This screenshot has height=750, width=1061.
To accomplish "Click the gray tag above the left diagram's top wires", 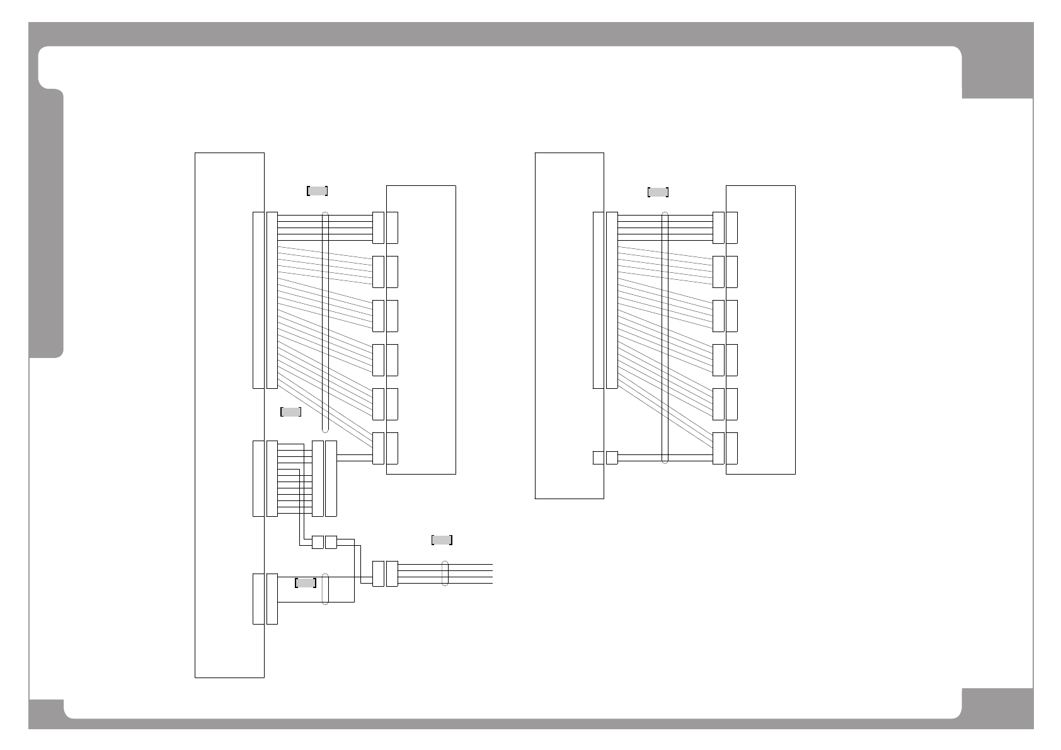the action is [x=317, y=191].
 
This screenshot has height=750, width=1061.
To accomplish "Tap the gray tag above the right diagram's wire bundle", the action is [x=658, y=192].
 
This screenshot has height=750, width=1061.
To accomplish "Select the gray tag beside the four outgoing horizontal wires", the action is [x=442, y=540].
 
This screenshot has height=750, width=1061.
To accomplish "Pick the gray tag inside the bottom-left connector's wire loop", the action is [x=306, y=583].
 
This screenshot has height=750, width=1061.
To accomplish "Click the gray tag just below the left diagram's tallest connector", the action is [x=290, y=412].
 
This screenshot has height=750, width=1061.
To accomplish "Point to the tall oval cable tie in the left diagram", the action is [x=325, y=322].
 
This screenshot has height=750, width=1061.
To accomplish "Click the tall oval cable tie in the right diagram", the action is [x=665, y=338].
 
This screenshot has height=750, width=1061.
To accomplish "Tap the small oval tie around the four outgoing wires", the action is [x=445, y=574].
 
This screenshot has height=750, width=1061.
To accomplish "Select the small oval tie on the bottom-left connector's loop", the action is [x=325, y=589].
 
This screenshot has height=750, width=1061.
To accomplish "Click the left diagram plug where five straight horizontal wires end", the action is [x=378, y=228].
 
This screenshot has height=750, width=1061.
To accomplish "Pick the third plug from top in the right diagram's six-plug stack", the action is [x=718, y=316].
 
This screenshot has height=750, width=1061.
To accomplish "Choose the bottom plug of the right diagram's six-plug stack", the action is [x=718, y=448].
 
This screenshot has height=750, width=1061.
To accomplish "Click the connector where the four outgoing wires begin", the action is [x=392, y=574].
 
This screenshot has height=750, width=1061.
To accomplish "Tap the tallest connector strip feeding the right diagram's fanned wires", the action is [x=612, y=300].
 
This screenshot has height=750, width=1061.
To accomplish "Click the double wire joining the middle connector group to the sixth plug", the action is [x=355, y=458].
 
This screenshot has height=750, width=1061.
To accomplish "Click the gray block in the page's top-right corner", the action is [x=997, y=72].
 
